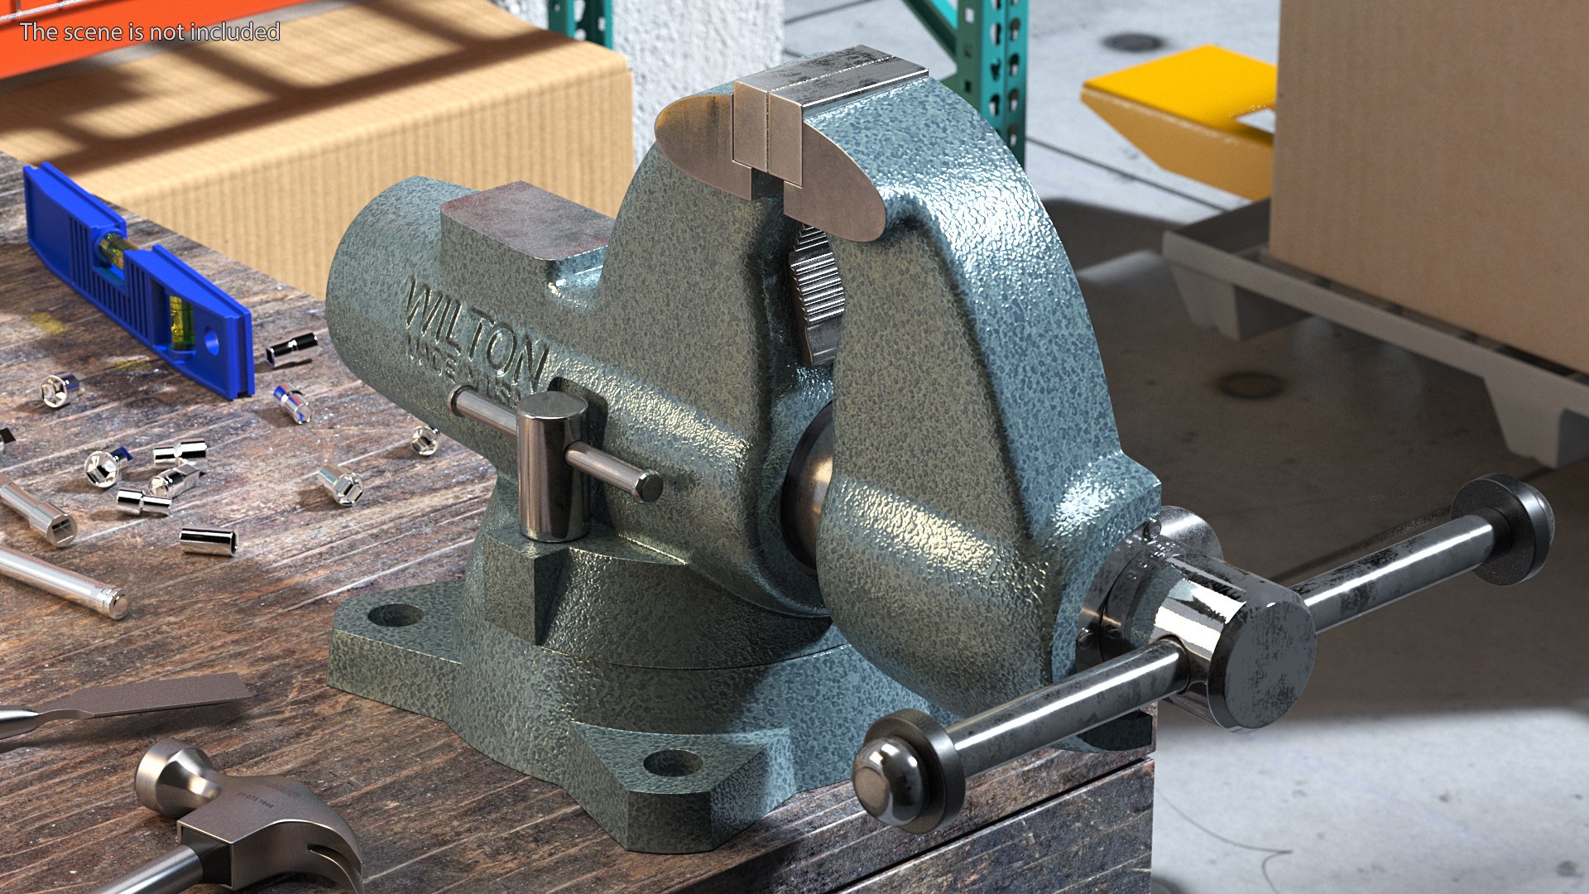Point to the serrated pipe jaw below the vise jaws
815,290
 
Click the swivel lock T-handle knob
550,464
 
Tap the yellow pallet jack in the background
1183,108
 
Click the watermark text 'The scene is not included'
150,31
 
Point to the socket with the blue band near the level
292,403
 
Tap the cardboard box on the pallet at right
1432,166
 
